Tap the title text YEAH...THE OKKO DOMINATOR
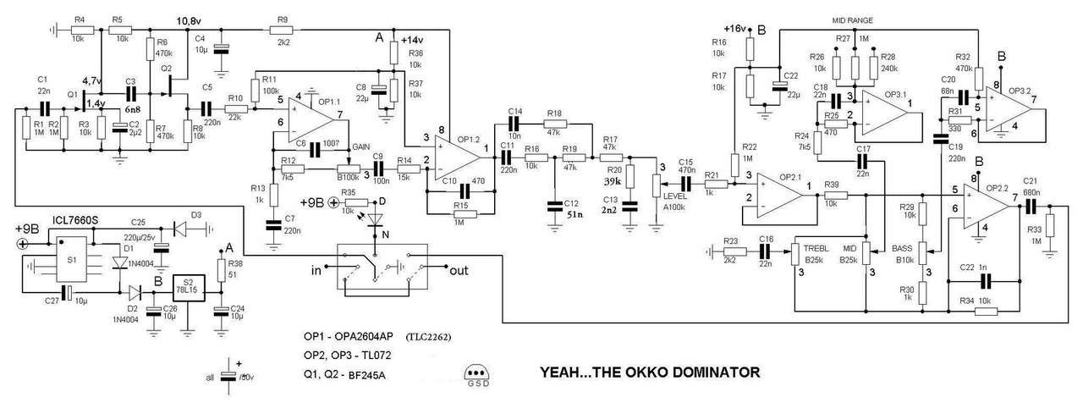point(650,371)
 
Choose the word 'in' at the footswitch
point(316,271)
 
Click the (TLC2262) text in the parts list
point(428,336)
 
